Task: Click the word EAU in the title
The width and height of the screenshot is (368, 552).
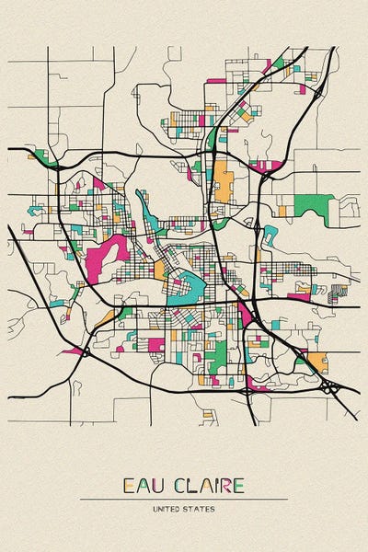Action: [x=142, y=486]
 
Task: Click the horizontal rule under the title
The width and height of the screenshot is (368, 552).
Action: [x=184, y=499]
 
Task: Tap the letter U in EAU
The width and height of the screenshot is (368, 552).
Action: [x=156, y=486]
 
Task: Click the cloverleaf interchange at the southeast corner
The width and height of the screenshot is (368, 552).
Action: [x=328, y=388]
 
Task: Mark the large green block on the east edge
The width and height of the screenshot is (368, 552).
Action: [x=312, y=206]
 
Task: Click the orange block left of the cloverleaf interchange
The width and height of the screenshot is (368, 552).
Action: [x=317, y=361]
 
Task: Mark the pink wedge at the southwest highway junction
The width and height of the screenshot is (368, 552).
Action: [x=74, y=351]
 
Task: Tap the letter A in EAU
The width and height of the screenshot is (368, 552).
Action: [x=142, y=486]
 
